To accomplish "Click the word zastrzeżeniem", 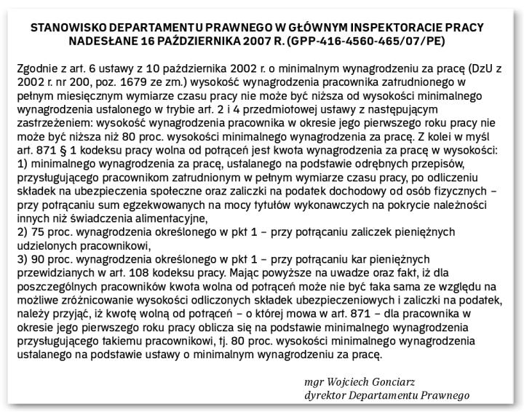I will click(x=49, y=124).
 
